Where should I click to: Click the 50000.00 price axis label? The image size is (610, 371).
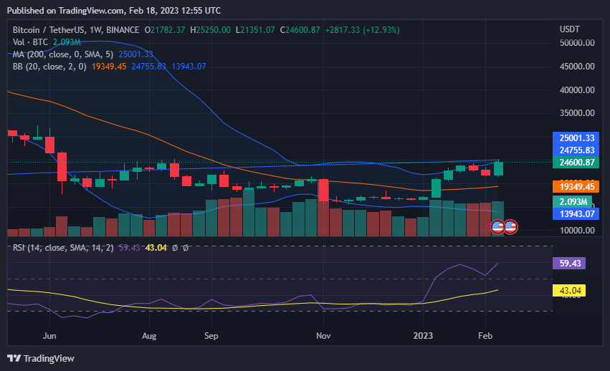(577, 43)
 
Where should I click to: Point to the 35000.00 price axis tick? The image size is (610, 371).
(577, 113)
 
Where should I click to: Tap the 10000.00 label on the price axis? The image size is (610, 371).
(577, 231)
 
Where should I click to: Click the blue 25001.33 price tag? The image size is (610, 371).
(577, 138)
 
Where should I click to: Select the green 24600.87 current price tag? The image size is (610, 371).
(577, 163)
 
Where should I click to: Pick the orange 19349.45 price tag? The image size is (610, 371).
(577, 187)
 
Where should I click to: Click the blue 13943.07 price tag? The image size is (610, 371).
(577, 213)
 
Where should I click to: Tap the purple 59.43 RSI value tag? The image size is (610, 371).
(569, 264)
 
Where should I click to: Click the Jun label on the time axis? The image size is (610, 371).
(49, 335)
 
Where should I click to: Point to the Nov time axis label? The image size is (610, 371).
(323, 335)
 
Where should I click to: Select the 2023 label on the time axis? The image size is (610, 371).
(424, 335)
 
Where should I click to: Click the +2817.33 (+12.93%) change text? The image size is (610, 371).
(362, 30)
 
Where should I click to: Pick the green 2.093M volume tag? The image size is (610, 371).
(577, 202)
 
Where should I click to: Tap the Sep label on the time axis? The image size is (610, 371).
(211, 335)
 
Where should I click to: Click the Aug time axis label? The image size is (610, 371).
(149, 335)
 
